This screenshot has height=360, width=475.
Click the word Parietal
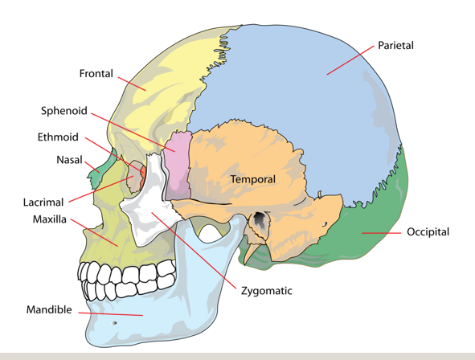point(395,46)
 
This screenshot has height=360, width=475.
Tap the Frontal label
point(96,73)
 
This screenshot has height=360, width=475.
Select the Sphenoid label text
point(64,111)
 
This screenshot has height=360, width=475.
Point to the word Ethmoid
point(58,137)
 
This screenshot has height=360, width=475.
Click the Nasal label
point(69,160)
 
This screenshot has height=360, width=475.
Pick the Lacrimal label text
point(43,202)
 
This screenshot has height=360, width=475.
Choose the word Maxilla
point(49,219)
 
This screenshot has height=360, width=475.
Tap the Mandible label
point(49,309)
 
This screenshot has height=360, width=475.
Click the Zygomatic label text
point(267,291)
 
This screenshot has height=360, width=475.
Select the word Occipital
point(428,232)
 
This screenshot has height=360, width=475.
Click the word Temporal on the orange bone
point(253,179)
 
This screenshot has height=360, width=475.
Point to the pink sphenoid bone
point(178,166)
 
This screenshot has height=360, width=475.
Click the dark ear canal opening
point(260,219)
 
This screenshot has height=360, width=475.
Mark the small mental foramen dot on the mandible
point(114,323)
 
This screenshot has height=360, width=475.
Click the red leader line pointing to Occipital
point(381,233)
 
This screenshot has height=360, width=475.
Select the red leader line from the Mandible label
point(111,314)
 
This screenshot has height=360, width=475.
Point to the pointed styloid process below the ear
point(251,252)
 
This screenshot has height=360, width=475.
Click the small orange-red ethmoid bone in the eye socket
point(143,174)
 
